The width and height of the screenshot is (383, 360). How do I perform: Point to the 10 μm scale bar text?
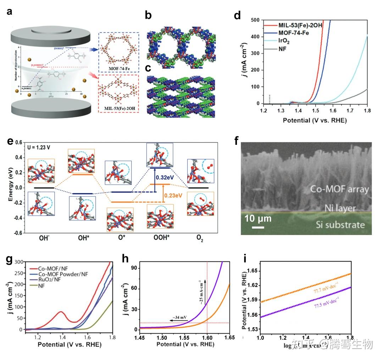[x=258, y=219]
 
